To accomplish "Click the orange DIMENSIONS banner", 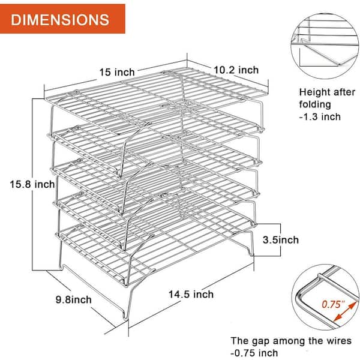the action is pyautogui.click(x=62, y=19).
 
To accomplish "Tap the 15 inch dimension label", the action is pyautogui.click(x=117, y=72).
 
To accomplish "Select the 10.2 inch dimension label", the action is pyautogui.click(x=236, y=70).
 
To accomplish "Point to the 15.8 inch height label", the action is pyautogui.click(x=32, y=184).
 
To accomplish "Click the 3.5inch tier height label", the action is pyautogui.click(x=281, y=240).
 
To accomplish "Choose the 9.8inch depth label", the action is pyautogui.click(x=73, y=299).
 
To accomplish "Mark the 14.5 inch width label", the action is pyautogui.click(x=191, y=294).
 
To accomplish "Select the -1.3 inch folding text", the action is pyautogui.click(x=320, y=116).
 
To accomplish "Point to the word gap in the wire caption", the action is pyautogui.click(x=260, y=341).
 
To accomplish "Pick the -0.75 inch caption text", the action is pyautogui.click(x=254, y=353).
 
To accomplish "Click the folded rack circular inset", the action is pyautogui.click(x=325, y=46).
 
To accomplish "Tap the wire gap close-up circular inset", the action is pyautogui.click(x=326, y=298).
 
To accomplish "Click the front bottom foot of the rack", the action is pyautogui.click(x=126, y=318).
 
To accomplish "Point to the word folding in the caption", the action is pyautogui.click(x=315, y=104).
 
